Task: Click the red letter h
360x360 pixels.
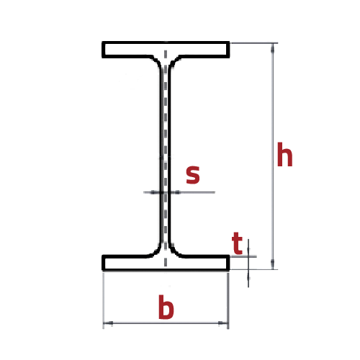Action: tap(284, 154)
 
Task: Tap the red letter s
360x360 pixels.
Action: tap(193, 174)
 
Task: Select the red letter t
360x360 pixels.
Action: tap(237, 243)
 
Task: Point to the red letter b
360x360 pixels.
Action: tap(166, 307)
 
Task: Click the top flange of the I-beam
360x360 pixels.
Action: tap(166, 50)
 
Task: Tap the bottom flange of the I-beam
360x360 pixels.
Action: tap(166, 263)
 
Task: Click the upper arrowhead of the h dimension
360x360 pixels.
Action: tap(272, 48)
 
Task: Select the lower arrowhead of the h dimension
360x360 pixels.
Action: tap(272, 264)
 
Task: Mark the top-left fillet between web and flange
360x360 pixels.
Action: tap(157, 61)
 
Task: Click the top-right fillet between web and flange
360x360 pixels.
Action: tap(174, 61)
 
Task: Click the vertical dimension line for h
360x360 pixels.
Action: tap(272, 156)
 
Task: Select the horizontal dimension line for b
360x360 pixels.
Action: tap(166, 323)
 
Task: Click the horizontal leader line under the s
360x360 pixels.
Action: tap(179, 192)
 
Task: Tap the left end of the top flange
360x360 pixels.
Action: tap(103, 50)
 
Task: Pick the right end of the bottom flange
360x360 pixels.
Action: tap(228, 263)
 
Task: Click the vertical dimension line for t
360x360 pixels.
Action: tap(248, 263)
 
